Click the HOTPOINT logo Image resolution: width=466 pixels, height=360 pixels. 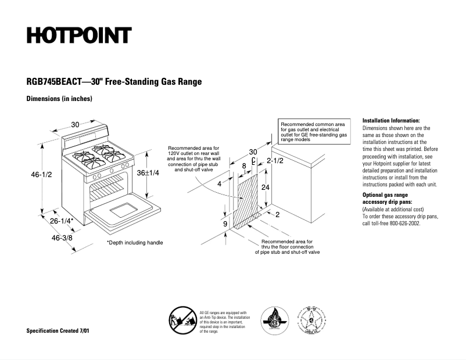tap(79, 35)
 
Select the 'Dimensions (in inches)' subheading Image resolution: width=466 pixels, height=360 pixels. tap(59, 99)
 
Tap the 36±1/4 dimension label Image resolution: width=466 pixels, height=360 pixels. tap(149, 174)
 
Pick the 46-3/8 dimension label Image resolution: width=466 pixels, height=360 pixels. tap(62, 238)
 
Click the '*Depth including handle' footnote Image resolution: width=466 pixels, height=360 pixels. tap(134, 243)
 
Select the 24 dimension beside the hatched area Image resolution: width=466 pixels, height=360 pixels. tap(266, 188)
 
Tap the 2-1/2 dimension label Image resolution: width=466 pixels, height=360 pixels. tap(275, 160)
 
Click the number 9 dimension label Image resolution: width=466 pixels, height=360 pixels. tap(225, 223)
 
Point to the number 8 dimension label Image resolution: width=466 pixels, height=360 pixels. tap(244, 166)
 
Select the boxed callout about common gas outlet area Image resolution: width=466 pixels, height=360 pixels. tap(314, 132)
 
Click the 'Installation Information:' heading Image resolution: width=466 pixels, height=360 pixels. tap(390, 120)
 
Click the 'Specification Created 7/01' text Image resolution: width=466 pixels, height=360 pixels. tap(58, 330)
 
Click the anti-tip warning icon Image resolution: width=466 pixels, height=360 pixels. tap(182, 321)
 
